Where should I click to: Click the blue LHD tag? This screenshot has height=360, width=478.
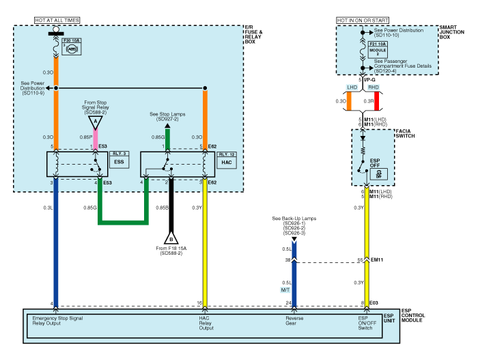coord(352,87)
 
